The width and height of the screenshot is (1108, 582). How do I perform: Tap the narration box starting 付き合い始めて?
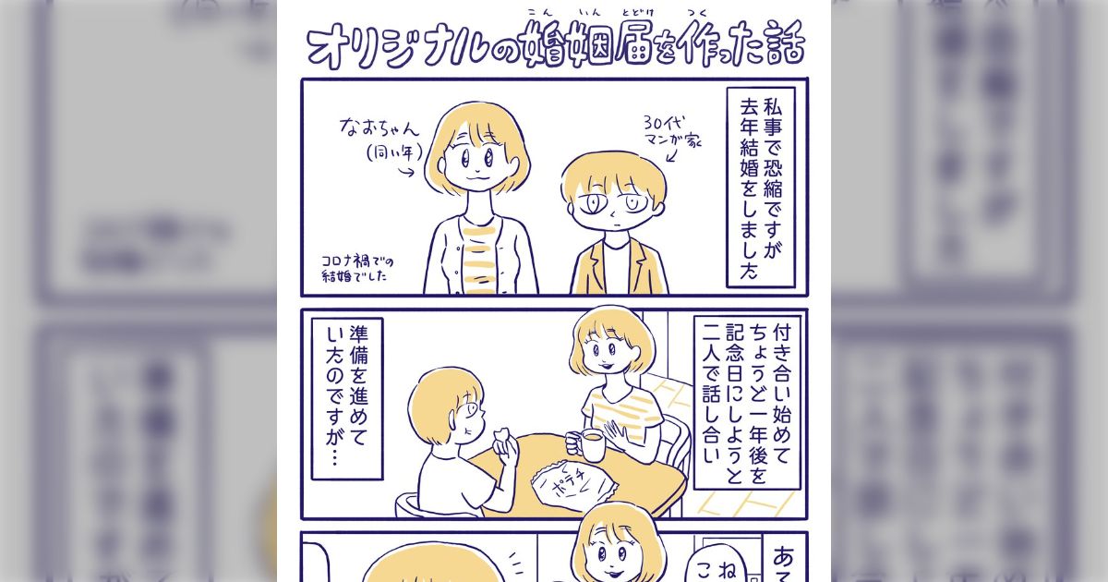click(x=745, y=402)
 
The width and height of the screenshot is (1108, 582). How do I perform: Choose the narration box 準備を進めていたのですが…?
click(x=346, y=399)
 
